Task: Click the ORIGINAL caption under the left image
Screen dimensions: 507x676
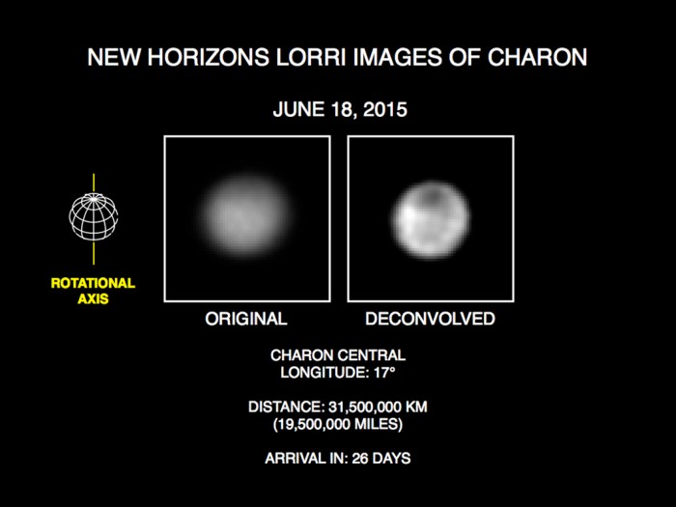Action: click(246, 319)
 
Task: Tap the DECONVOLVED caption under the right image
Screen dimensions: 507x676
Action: click(431, 319)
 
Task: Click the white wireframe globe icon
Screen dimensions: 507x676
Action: click(94, 216)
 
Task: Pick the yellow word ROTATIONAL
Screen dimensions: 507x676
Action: click(93, 283)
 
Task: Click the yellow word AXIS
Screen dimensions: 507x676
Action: click(93, 298)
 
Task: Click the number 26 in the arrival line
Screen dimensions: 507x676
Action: click(361, 458)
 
